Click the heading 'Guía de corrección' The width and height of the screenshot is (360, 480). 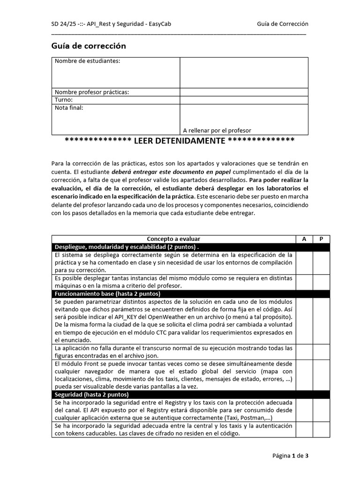click(89, 46)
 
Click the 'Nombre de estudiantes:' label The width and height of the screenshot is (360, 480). click(87, 61)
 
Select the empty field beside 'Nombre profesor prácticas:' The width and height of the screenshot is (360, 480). click(244, 92)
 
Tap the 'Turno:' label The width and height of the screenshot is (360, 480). click(64, 100)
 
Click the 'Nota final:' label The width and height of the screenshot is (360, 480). click(69, 108)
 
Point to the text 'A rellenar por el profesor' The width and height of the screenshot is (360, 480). click(217, 130)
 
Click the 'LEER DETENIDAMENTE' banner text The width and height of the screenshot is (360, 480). click(180, 141)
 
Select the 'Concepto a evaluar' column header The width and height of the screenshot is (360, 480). click(173, 239)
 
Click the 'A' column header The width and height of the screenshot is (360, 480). click(304, 239)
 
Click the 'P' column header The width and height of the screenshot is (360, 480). click(322, 239)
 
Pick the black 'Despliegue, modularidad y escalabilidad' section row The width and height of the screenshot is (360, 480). click(127, 247)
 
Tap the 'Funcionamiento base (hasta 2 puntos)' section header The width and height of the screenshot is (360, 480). click(107, 294)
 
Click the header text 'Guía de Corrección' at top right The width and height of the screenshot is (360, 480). click(283, 24)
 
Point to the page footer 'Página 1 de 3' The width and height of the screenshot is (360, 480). click(290, 455)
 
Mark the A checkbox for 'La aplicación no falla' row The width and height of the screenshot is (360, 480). click(304, 352)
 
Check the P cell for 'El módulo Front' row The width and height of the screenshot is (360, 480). click(322, 375)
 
